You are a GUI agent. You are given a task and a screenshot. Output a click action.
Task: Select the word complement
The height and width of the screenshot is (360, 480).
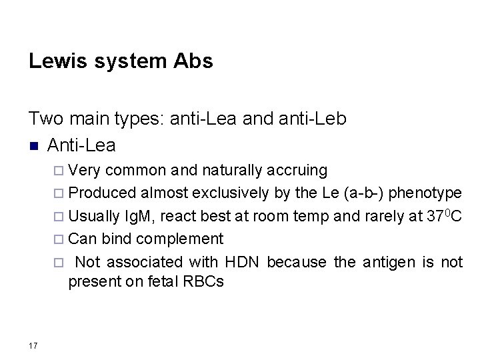(x=189, y=239)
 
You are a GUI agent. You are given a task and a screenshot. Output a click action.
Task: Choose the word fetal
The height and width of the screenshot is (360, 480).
(x=151, y=282)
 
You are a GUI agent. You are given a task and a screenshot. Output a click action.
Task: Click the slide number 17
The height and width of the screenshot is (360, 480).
(x=33, y=345)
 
